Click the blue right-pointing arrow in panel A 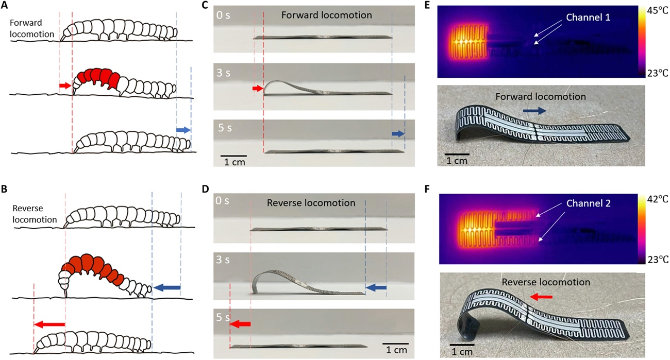(183, 131)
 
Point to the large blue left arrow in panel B (166, 287)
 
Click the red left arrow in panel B (49, 324)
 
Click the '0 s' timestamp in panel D (225, 202)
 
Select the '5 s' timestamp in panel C (225, 128)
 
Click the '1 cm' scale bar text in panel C (234, 163)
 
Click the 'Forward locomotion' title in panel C (327, 15)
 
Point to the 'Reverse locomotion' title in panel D (311, 203)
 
